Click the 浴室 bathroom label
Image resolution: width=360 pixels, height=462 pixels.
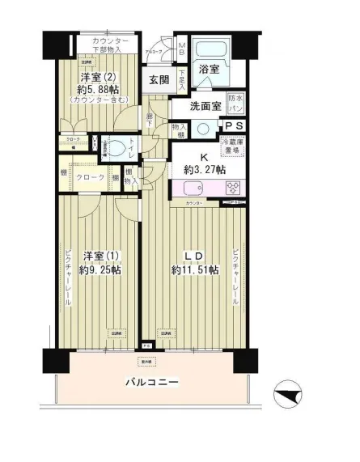(209, 70)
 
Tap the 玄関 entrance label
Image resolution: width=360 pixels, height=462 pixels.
(159, 79)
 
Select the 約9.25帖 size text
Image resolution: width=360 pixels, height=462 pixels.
(101, 271)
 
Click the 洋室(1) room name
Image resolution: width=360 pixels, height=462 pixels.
(102, 256)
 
